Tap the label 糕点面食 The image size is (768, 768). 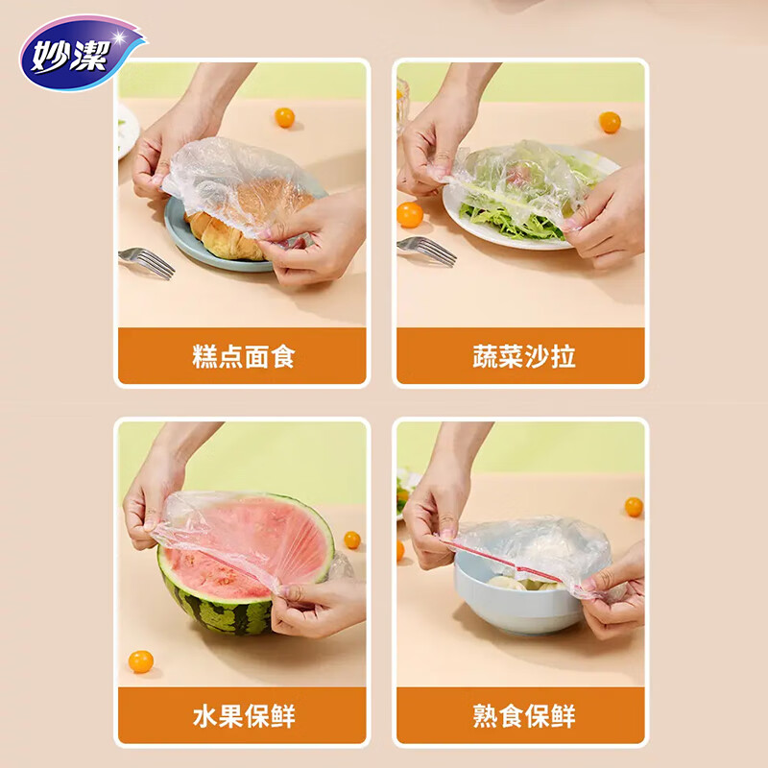(243, 357)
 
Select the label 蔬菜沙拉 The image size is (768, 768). (523, 357)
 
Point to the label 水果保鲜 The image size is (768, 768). (243, 716)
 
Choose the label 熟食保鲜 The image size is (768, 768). (523, 716)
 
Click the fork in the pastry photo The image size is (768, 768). (146, 262)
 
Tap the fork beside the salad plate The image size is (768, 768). (425, 251)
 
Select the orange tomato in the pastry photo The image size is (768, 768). (285, 117)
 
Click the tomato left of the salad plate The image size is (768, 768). (411, 214)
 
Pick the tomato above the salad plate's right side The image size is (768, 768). (610, 122)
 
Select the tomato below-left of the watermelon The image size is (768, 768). (141, 661)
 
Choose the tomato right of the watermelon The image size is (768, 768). (352, 540)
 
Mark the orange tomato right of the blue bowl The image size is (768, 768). (634, 506)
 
